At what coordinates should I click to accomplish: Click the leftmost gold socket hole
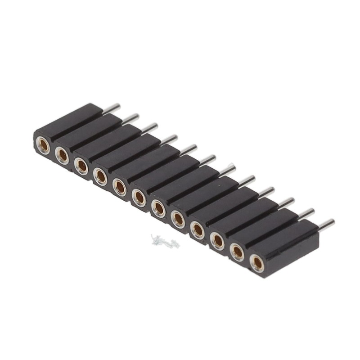[43, 145]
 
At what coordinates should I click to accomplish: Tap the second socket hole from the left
[62, 156]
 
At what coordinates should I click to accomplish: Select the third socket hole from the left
[81, 165]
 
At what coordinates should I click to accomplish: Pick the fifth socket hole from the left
[120, 186]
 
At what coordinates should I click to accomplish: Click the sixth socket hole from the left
[139, 197]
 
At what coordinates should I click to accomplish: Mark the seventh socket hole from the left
[158, 207]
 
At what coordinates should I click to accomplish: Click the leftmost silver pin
[112, 108]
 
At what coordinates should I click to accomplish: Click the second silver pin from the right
[306, 212]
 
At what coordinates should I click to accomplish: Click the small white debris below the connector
[165, 242]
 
